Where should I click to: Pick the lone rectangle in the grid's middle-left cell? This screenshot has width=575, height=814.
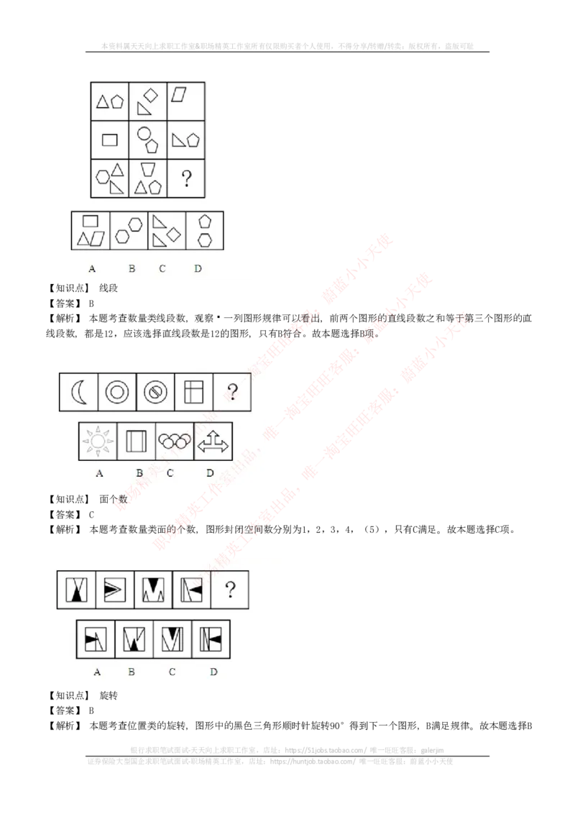tap(109, 140)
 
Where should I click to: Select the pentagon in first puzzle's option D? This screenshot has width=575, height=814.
tap(205, 221)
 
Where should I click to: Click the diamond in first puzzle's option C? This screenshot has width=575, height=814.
tap(173, 234)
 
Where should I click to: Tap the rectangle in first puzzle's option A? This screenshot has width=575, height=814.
tap(91, 221)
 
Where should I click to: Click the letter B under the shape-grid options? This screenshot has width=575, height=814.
tap(132, 269)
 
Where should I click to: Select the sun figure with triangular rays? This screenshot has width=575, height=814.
tap(97, 441)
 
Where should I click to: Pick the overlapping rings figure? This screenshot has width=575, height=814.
tap(174, 441)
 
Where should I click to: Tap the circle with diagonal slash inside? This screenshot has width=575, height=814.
tap(155, 392)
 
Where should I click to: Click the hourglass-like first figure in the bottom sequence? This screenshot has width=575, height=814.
tap(75, 590)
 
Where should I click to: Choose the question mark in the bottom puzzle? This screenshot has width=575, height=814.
tap(230, 590)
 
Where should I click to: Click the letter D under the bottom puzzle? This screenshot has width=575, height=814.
tap(213, 672)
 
